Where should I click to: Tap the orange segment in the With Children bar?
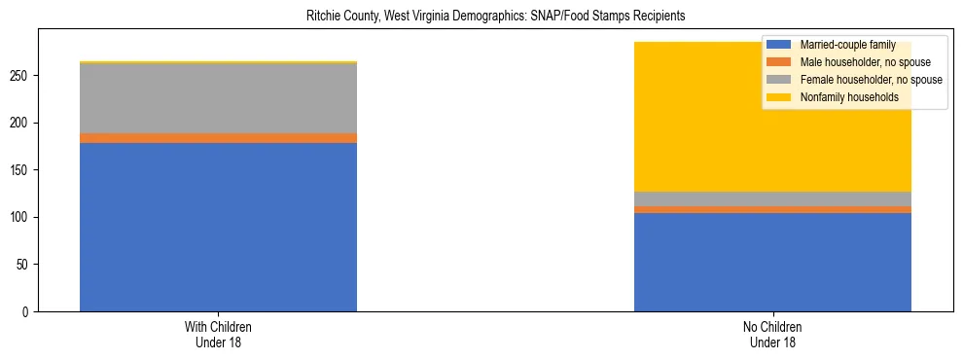point(218,138)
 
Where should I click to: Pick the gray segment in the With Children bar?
point(218,98)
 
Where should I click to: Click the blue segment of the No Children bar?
point(772,262)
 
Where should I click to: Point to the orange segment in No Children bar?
point(772,209)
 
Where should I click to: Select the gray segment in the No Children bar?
point(772,198)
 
